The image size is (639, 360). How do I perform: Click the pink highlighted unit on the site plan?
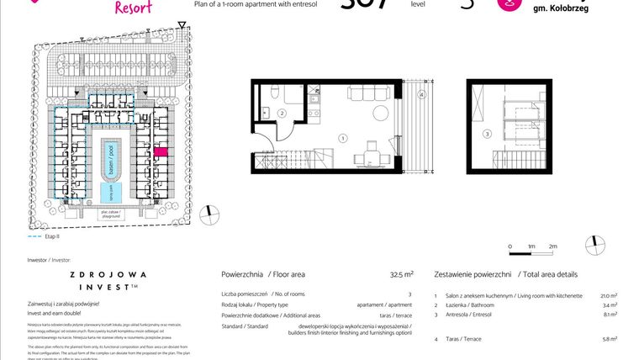pos(161,151)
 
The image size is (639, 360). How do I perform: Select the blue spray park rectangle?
pos(108,193)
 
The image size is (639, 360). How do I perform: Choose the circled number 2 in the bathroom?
pos(283,113)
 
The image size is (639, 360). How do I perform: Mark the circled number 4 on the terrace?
pos(420,95)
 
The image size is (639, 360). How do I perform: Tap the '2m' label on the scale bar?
pos(552,246)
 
